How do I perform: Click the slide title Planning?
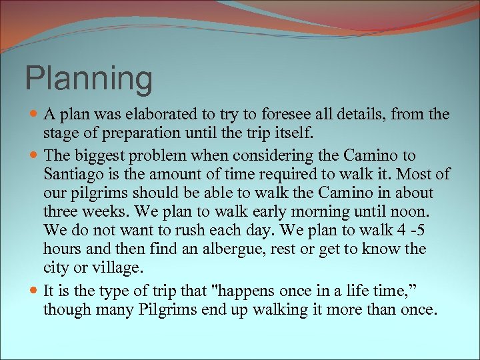pyautogui.click(x=89, y=79)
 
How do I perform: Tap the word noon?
pyautogui.click(x=407, y=211)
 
